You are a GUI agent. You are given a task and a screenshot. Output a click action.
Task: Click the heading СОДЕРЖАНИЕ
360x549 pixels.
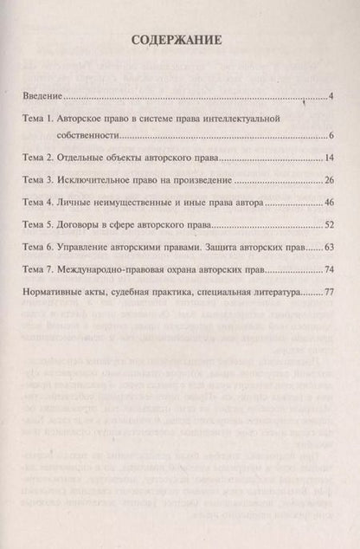pyautogui.click(x=180, y=40)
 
